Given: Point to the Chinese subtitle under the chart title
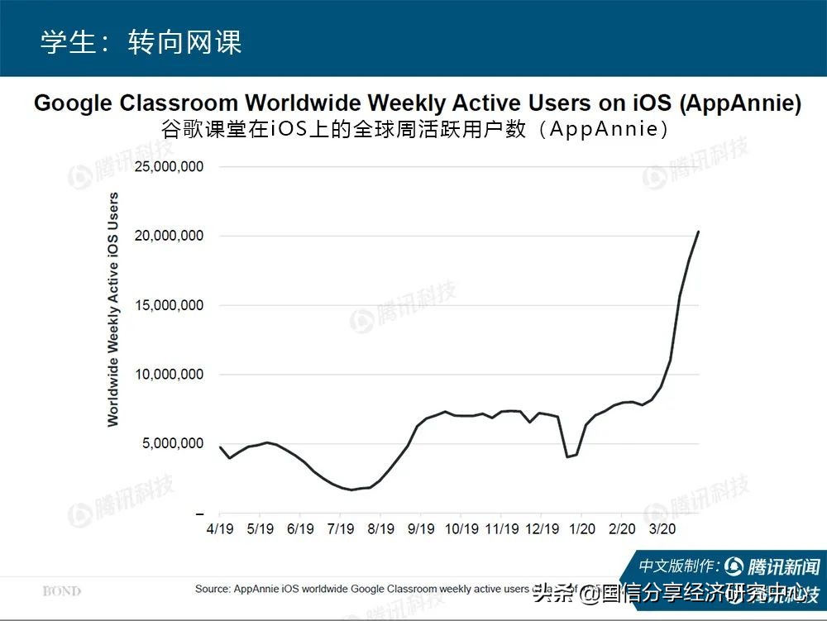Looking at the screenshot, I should point(416,130).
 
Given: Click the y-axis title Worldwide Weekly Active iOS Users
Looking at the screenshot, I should point(113,309).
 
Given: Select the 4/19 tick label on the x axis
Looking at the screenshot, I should point(219,528).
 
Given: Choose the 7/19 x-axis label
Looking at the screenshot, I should point(341,528).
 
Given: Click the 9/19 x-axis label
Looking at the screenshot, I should point(421,528).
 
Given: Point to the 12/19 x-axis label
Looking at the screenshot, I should point(542,528).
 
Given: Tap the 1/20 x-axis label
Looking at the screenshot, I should point(582,528).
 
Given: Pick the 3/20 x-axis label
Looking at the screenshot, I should point(662,528).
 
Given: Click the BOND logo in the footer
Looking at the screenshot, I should point(62,591).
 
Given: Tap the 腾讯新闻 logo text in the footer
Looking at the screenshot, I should point(782,567).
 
